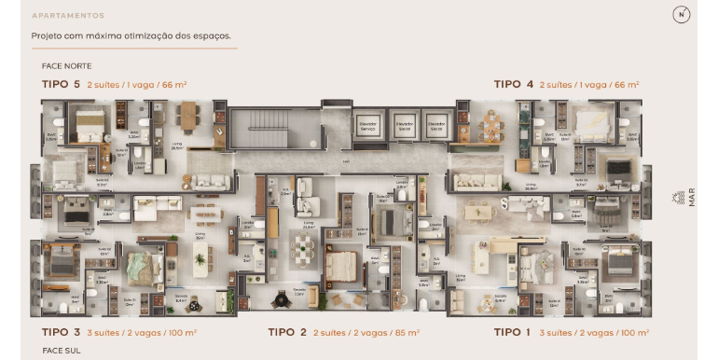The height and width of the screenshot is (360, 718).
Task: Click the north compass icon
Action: coord(682,14)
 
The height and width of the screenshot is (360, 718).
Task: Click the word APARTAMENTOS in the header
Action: coord(68,16)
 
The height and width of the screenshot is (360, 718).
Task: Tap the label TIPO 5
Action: coord(62,84)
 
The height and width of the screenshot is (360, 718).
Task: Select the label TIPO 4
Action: coord(514,84)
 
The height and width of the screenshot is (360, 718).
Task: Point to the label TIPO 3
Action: coord(62,331)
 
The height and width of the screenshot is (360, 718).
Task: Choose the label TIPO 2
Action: coord(287,331)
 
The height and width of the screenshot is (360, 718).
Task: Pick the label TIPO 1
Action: coord(514,331)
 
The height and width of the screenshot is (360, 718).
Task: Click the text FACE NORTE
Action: coord(67,66)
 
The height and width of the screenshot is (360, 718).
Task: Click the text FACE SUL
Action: coord(62,350)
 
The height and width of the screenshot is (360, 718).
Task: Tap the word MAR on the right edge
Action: coord(691,198)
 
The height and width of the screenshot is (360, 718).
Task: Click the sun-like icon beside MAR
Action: coord(678,198)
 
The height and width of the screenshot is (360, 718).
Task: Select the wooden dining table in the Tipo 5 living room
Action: coord(188,117)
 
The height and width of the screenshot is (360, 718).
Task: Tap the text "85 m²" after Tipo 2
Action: coord(407,331)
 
